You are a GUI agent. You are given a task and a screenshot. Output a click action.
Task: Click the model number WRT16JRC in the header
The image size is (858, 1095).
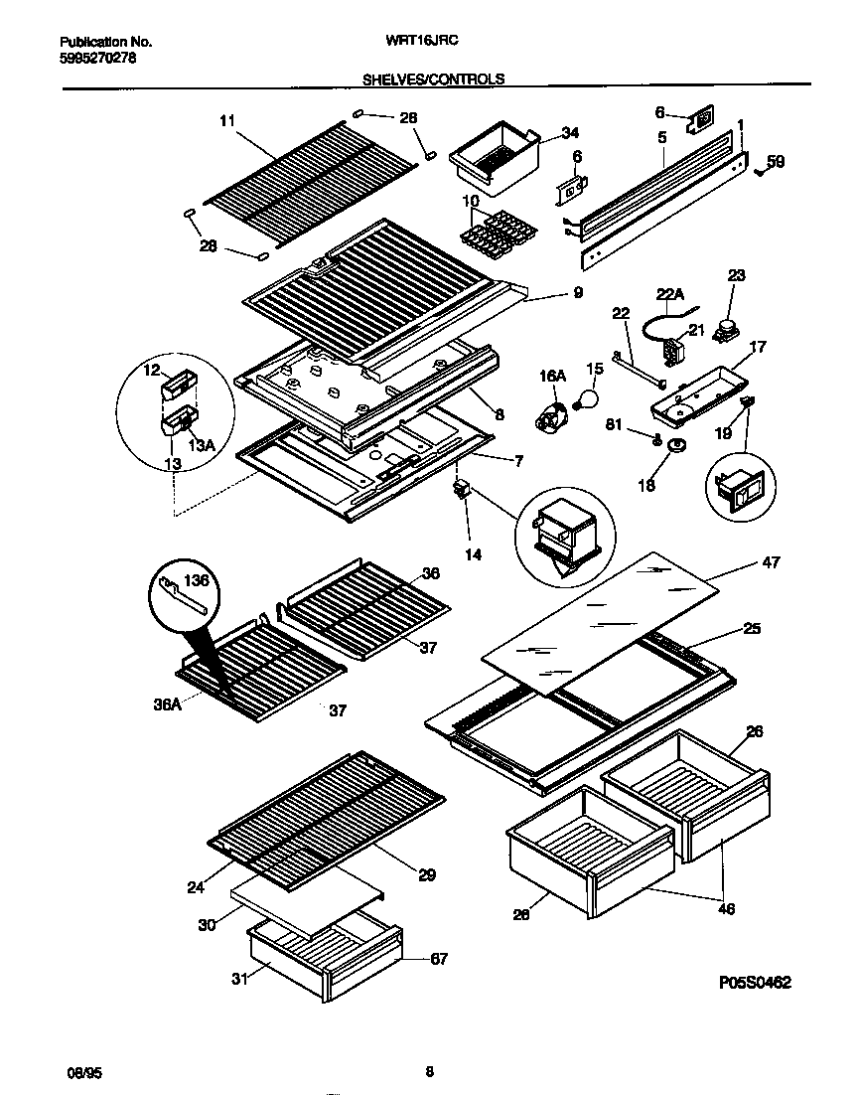pos(430,42)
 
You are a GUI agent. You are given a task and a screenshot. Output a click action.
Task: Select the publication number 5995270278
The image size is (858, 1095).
pos(97,58)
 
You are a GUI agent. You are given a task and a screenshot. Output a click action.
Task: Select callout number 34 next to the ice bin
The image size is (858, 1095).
pos(569,133)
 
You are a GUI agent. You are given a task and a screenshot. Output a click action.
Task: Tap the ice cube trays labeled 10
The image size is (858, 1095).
pos(493,235)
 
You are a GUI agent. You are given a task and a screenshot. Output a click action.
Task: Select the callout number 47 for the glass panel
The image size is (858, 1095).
pos(770,563)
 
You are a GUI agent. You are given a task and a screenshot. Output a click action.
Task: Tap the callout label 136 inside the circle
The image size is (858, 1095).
pos(197,579)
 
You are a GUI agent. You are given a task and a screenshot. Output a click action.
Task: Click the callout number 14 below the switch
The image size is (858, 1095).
pos(474,554)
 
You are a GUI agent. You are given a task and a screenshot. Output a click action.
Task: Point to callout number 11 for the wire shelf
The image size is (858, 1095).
pos(227,121)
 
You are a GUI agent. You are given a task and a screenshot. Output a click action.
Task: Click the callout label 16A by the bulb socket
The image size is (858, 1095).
pos(552,375)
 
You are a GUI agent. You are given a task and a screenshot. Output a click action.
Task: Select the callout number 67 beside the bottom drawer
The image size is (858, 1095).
pos(438,959)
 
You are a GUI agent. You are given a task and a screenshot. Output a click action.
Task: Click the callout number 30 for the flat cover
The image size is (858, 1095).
pos(206,924)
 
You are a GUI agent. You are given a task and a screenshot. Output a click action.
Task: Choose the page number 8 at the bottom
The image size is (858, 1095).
pos(429,1071)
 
